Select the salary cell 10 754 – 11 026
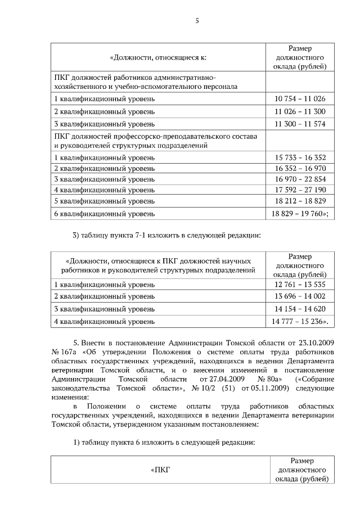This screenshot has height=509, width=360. (x=300, y=99)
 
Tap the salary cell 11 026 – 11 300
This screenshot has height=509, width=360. (x=300, y=111)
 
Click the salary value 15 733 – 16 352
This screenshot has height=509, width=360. (x=300, y=158)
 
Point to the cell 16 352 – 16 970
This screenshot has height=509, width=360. (x=300, y=168)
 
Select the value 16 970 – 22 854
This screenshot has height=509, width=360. (x=300, y=179)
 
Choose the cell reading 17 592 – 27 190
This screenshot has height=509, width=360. (x=300, y=190)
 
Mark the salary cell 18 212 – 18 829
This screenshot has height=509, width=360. (x=300, y=200)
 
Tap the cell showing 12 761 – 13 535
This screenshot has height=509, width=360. (x=300, y=284)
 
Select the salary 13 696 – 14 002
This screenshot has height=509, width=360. (x=300, y=296)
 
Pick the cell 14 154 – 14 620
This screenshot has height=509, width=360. (x=300, y=309)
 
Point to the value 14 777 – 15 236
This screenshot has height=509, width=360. (x=300, y=322)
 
